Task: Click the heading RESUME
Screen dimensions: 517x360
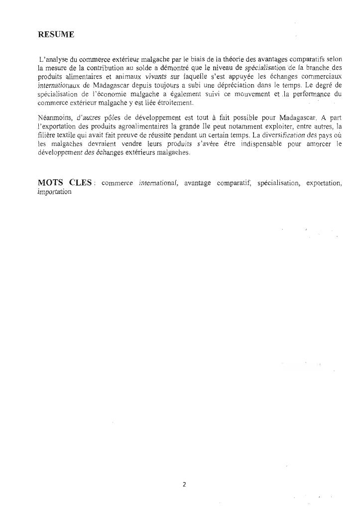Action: click(56, 34)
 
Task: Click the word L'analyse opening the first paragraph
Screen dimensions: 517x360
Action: click(53, 59)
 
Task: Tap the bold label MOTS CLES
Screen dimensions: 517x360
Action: click(65, 182)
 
